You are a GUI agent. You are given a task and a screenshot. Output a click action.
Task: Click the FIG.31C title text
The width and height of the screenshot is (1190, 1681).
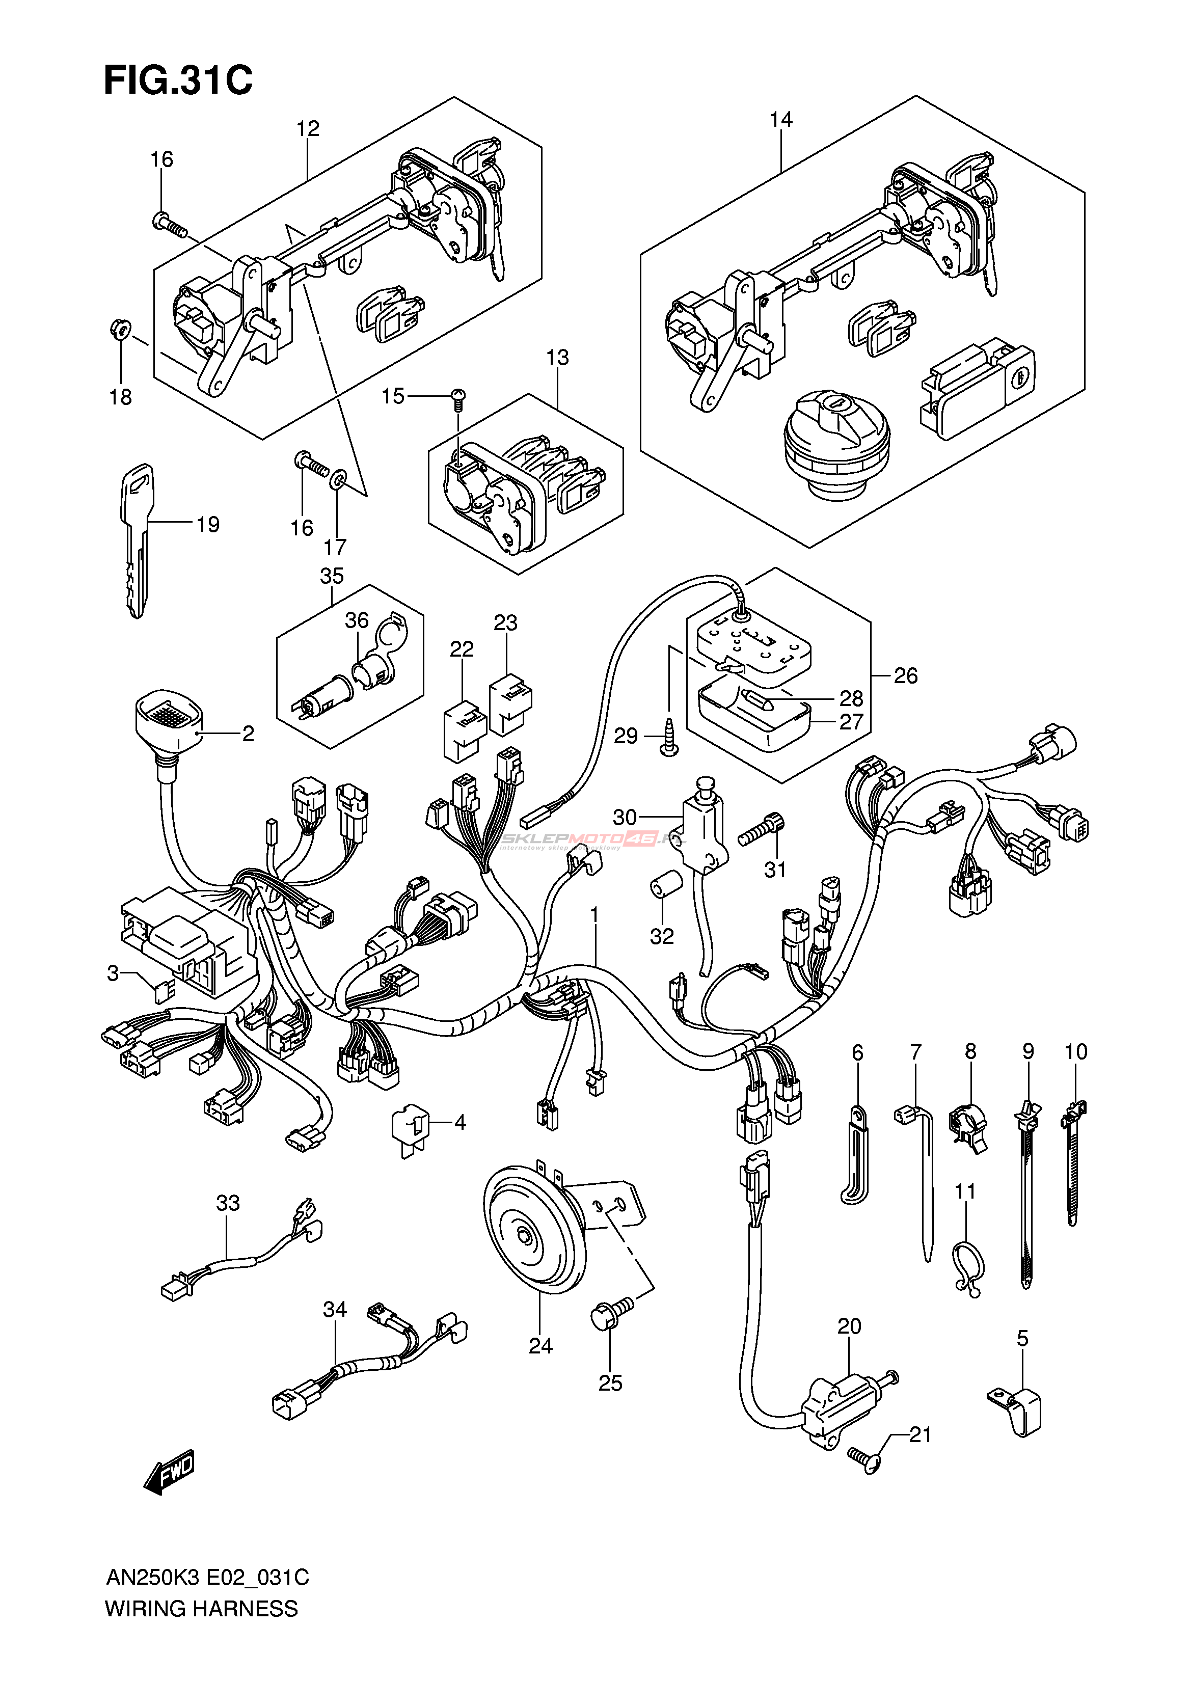click(178, 80)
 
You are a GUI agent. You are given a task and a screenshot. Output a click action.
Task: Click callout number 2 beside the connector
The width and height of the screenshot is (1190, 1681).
click(249, 733)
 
